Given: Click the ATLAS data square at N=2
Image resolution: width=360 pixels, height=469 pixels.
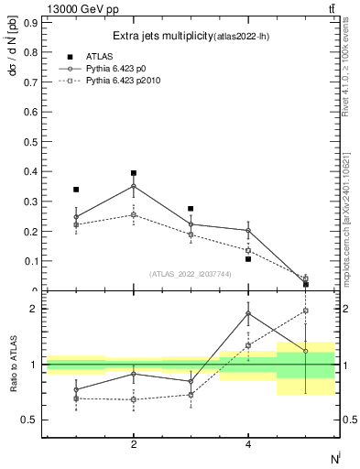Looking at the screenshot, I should (134, 173).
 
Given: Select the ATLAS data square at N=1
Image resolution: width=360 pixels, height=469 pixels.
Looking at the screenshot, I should (76, 190).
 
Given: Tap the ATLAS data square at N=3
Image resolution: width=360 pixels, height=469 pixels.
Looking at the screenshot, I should (191, 209).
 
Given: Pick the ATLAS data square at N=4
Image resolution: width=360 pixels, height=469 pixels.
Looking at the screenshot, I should (248, 259).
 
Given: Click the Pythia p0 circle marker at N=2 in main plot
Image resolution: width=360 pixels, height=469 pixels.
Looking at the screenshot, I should (134, 187).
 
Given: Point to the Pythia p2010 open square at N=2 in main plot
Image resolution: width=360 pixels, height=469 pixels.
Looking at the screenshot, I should (134, 215).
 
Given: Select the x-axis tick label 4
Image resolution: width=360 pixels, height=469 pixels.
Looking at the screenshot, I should (248, 444).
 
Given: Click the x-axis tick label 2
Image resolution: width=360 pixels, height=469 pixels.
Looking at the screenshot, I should (134, 444).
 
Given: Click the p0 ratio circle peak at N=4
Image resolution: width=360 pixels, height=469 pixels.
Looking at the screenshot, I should (248, 313).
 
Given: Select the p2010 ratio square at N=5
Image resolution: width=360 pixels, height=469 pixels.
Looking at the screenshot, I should (305, 311).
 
